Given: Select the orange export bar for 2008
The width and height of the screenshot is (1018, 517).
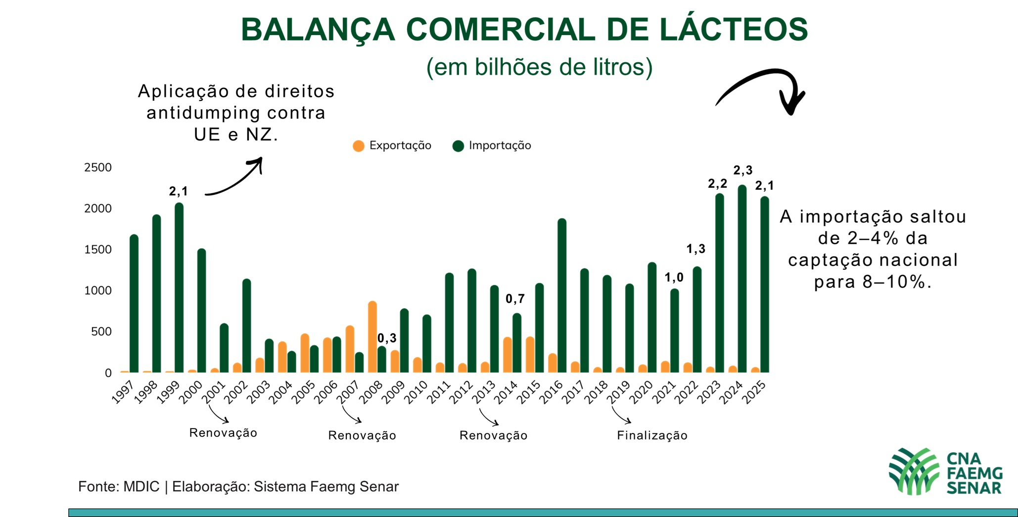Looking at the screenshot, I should (372, 337).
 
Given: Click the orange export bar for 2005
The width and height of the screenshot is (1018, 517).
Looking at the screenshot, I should (305, 353).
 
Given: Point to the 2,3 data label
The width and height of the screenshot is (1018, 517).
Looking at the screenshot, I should (742, 171).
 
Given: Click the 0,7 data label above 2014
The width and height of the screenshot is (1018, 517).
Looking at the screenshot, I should (515, 299).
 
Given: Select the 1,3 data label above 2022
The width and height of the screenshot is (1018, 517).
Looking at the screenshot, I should (695, 249).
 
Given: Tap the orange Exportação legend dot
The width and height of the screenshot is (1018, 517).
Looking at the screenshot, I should (359, 146).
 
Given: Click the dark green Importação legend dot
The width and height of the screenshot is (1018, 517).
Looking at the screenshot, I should (458, 146).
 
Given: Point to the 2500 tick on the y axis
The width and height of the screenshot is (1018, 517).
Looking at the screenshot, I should (98, 168).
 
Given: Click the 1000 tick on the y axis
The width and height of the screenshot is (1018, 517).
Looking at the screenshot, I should (98, 291).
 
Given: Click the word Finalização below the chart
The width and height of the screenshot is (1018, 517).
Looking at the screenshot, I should (652, 435).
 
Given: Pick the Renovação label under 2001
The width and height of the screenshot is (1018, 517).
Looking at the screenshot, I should (223, 433).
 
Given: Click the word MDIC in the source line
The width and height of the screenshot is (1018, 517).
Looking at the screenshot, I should (141, 487).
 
